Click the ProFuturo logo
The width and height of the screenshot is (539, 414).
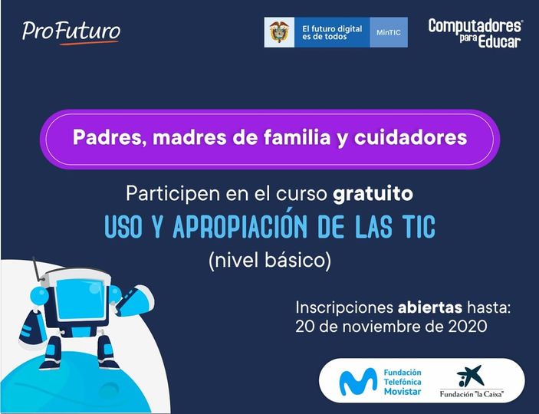pos(71,33)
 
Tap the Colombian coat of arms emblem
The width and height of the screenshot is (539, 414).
pos(279,32)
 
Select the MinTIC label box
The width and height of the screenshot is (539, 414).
pos(389,32)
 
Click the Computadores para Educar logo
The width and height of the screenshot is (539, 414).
pos(475,34)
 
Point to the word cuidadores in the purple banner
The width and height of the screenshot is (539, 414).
pos(410,137)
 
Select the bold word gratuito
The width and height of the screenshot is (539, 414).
pos(373,194)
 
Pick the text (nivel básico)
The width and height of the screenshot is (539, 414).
pos(270,261)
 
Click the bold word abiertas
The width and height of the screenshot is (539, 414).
pos(429,307)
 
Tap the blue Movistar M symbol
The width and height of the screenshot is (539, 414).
pos(358,381)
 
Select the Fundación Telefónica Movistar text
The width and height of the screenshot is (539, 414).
pos(403,382)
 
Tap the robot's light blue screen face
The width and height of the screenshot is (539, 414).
pos(81,299)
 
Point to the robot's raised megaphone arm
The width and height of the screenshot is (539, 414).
pos(135,301)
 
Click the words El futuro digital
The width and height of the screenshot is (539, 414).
pos(332,29)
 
